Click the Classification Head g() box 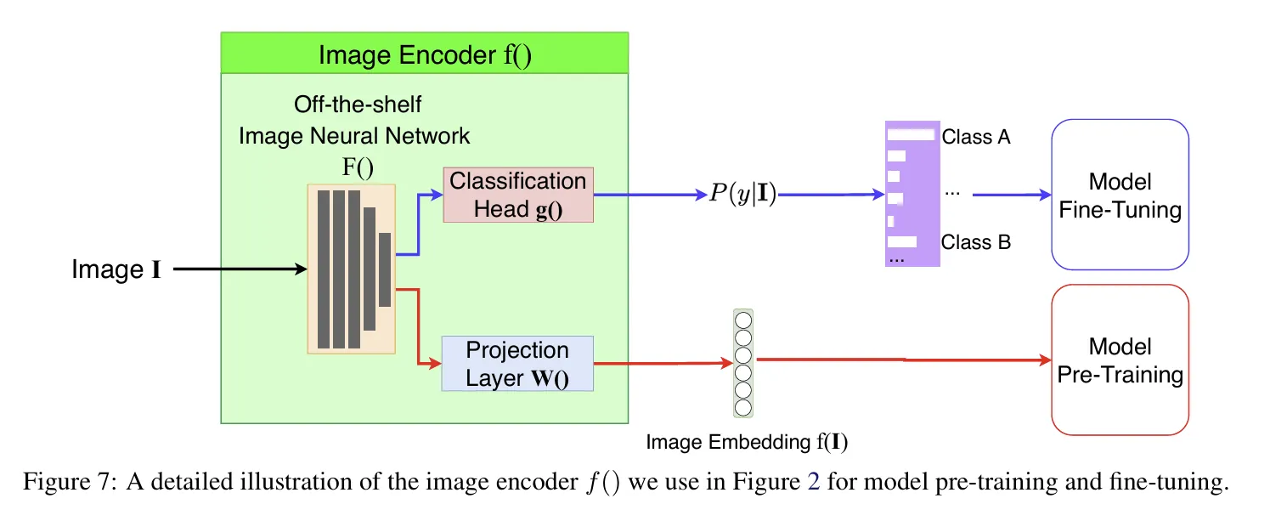pos(518,195)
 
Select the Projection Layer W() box pos(517,364)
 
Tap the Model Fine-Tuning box pos(1120,195)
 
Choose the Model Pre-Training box pos(1120,360)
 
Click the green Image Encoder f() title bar pos(425,55)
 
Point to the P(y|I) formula pos(742,196)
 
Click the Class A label pos(975,137)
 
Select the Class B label pos(975,242)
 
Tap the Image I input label pos(116,270)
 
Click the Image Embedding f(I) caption pos(747,442)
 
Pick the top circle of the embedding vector pos(743,321)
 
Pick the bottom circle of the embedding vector pos(743,407)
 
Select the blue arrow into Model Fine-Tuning pos(1011,195)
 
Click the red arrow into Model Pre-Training pos(900,360)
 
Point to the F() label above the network pos(358,167)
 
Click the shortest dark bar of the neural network pos(385,269)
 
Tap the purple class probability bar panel pos(912,194)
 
